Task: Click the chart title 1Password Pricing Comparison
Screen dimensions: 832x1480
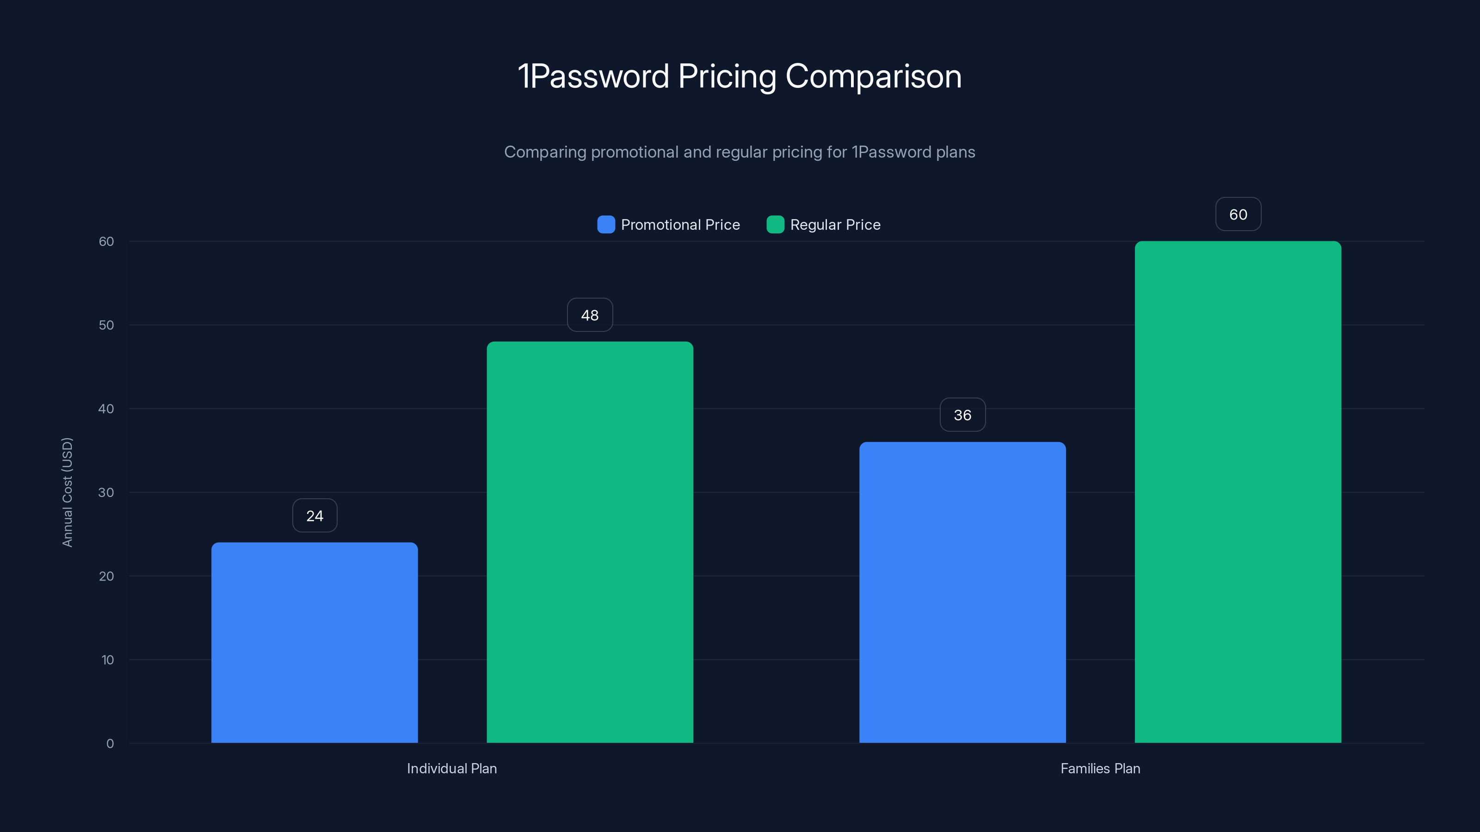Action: [740, 76]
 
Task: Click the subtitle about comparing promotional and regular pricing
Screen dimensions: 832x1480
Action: [740, 152]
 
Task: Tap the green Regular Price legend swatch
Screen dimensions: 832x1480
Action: [775, 225]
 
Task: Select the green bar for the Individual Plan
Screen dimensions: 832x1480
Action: [590, 542]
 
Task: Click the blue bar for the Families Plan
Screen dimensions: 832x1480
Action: [962, 592]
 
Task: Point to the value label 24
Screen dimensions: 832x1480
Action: [315, 516]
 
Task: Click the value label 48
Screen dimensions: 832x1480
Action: [590, 315]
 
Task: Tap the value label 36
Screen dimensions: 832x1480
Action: [962, 415]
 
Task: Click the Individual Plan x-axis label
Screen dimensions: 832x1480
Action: [451, 768]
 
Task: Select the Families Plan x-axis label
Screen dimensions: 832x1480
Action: [1100, 768]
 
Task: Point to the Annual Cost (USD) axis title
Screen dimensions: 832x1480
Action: [67, 492]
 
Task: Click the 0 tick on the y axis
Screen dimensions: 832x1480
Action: [110, 744]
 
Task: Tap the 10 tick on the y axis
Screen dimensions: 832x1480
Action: [107, 660]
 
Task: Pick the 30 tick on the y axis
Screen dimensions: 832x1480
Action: [106, 492]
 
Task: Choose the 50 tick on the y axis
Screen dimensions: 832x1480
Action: [106, 325]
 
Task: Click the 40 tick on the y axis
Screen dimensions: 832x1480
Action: [106, 409]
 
